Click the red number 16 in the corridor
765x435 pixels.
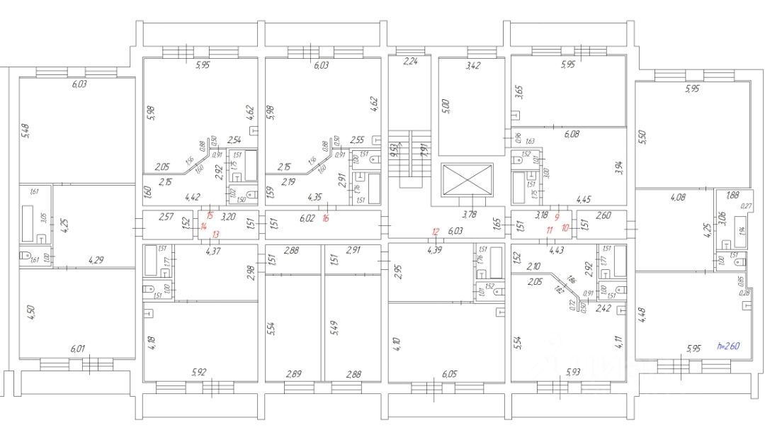tap(326, 219)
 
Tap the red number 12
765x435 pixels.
tap(436, 231)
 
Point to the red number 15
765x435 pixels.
tap(209, 215)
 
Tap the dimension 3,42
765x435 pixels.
tap(472, 67)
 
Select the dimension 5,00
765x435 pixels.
tap(446, 107)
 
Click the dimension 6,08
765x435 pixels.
tap(571, 134)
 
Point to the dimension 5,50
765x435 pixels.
tap(643, 137)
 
